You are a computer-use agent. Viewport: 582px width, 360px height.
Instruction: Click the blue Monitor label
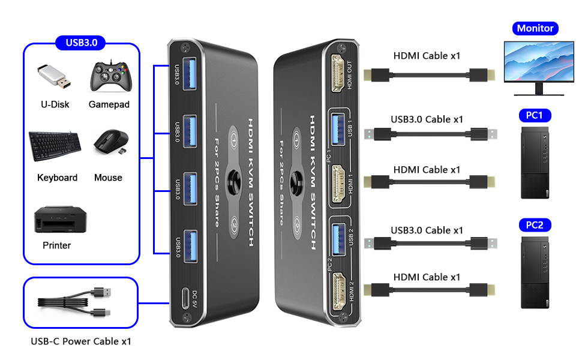(535, 28)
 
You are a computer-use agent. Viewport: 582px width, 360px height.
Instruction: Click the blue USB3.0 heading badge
(80, 43)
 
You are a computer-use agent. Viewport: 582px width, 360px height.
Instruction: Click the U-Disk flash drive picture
(55, 77)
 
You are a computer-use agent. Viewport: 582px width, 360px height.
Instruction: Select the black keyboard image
(54, 146)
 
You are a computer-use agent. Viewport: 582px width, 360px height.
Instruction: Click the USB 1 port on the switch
(338, 127)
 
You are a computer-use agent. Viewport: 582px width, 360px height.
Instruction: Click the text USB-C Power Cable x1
(81, 342)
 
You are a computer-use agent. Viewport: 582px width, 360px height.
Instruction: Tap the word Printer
(57, 245)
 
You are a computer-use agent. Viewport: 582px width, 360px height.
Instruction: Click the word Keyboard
(57, 178)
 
